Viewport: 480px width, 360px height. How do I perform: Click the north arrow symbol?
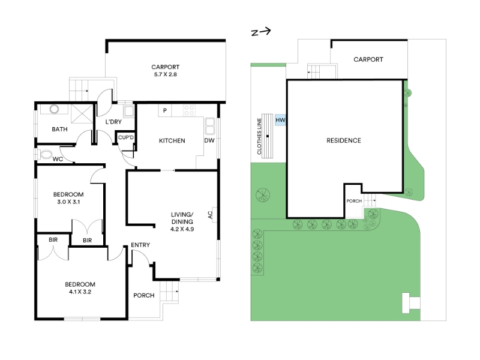coord(261,32)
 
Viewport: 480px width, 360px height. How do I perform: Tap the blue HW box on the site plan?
coord(280,120)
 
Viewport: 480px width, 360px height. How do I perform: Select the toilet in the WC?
coord(44,155)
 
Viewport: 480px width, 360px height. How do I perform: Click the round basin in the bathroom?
coord(54,109)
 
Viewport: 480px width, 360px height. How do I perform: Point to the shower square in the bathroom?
coord(82,114)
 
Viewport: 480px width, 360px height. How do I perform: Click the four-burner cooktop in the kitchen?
coord(189,110)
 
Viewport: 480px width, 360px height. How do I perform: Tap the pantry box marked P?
coord(165,110)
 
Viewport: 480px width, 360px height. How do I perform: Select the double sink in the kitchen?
coord(210,126)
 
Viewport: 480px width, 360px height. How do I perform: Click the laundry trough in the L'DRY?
coord(128,111)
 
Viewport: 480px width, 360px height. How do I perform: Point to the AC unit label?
coord(211,215)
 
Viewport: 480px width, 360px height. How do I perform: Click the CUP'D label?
coord(126,137)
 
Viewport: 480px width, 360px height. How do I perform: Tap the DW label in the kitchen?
coord(209,140)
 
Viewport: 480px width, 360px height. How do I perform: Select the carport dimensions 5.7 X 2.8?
coord(166,74)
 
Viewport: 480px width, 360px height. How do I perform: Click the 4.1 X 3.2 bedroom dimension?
coord(80,292)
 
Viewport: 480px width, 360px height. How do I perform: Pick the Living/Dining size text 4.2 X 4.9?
coord(182,229)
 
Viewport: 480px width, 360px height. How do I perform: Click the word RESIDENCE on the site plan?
coord(344,140)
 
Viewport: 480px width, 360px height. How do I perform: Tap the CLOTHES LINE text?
coord(259,136)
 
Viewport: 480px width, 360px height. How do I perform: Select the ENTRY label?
coord(140,245)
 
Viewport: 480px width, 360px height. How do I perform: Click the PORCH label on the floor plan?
coord(144,295)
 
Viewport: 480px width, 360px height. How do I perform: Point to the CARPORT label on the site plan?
coord(368,59)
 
